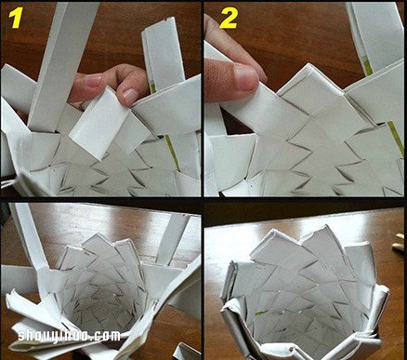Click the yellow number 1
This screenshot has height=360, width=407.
(16, 18)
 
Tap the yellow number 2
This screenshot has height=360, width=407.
(229, 19)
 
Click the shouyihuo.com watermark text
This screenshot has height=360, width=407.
(69, 336)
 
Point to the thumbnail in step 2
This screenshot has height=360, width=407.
(245, 76)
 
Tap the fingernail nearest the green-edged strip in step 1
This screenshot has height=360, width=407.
(128, 95)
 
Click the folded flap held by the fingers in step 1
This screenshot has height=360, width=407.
(98, 124)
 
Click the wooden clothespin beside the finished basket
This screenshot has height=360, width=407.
(399, 244)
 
